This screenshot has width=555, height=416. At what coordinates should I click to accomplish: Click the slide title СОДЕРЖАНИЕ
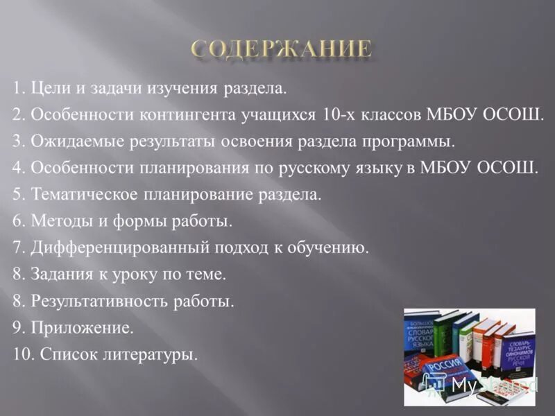tap(281, 49)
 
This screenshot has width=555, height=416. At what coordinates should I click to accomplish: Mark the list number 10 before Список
tap(22, 354)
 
